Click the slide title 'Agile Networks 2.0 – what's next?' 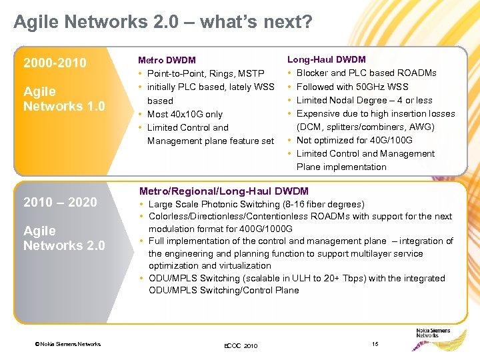pos(163,23)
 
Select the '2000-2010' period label pos(55,63)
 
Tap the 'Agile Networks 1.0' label pos(64,99)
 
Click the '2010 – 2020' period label pos(60,203)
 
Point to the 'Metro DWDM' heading pos(167,60)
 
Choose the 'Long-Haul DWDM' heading pos(326,59)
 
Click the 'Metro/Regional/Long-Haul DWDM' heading pos(223,191)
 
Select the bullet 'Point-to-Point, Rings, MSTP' pos(205,73)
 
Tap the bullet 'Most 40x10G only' pos(185,114)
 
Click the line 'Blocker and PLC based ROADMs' pos(366,73)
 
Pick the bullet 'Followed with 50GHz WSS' pos(352,87)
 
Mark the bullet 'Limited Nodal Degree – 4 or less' pos(364,100)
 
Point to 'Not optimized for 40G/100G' pos(354,140)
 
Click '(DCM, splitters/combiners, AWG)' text pos(365,127)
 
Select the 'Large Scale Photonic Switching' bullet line pos(256,205)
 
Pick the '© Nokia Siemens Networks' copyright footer pos(69,344)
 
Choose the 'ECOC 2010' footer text pos(240,346)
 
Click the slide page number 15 pos(375,343)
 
